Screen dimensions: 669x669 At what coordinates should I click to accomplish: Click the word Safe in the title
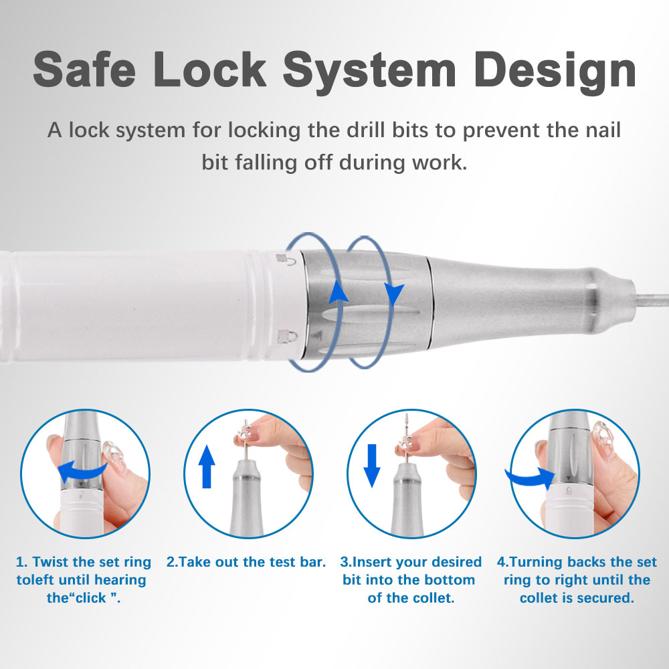click(x=84, y=69)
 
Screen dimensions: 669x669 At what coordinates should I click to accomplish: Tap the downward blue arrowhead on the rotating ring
click(x=394, y=294)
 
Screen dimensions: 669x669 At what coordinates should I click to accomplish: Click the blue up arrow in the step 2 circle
click(x=207, y=466)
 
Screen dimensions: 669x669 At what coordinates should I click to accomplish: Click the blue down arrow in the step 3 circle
click(x=372, y=466)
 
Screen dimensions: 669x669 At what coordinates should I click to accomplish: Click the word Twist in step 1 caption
click(x=51, y=562)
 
